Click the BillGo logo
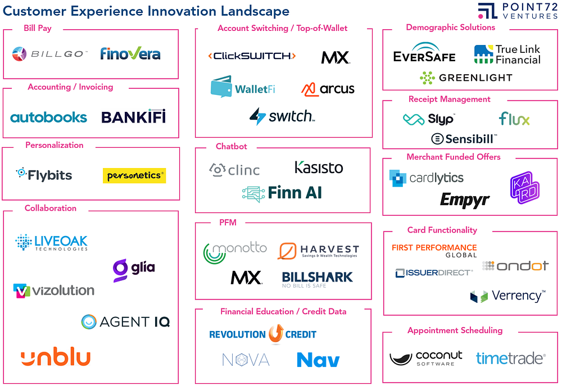click(50, 54)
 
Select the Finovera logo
click(130, 54)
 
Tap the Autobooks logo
click(49, 117)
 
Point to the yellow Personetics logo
click(134, 175)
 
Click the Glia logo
click(134, 269)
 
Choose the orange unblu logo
click(56, 357)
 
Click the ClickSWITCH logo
click(251, 56)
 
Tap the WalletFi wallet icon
click(221, 87)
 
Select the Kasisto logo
click(319, 167)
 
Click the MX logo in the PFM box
click(246, 277)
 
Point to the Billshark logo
click(317, 278)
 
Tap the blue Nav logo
click(318, 360)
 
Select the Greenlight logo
click(466, 78)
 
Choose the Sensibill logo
click(464, 138)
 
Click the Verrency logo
click(507, 296)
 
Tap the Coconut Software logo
click(426, 358)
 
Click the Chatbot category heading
click(231, 147)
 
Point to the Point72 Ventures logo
click(516, 11)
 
